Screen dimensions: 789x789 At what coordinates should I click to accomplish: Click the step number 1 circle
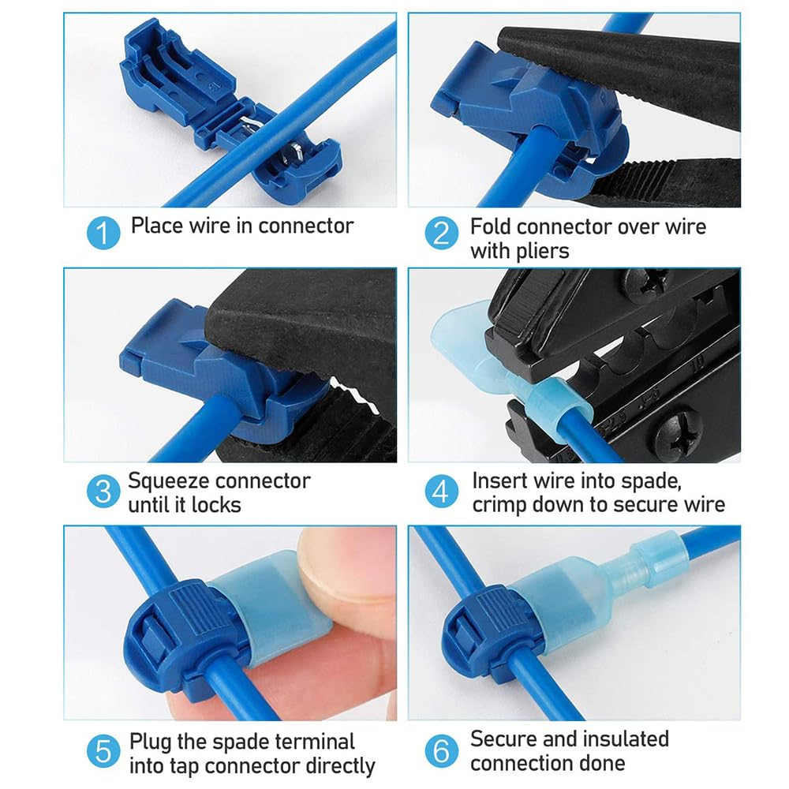103,234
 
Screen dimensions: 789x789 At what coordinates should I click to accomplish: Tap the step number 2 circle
442,234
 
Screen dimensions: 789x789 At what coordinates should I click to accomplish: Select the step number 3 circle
103,492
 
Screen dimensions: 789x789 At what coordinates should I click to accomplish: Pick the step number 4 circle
442,492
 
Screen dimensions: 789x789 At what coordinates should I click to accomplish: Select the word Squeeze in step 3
167,481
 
